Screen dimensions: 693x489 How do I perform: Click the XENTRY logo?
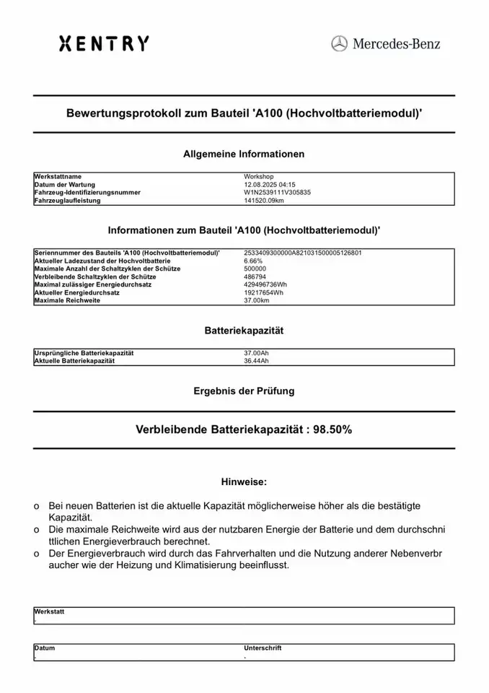click(x=104, y=44)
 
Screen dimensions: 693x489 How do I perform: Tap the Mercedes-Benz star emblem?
click(x=339, y=43)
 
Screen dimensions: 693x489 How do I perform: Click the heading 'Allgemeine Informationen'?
click(x=244, y=154)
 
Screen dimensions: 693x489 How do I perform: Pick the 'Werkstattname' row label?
click(x=58, y=176)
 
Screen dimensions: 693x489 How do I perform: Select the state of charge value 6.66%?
click(x=254, y=261)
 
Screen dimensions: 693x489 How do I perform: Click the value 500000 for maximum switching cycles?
click(x=256, y=269)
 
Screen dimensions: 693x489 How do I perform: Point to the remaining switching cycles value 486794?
click(x=256, y=276)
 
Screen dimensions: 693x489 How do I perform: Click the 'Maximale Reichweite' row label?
click(x=67, y=300)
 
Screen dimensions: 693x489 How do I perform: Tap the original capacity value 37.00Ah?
click(x=257, y=352)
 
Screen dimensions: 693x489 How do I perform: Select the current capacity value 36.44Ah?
click(x=257, y=360)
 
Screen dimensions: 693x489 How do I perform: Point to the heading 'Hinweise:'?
click(x=244, y=480)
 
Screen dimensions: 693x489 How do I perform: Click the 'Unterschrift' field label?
click(x=263, y=648)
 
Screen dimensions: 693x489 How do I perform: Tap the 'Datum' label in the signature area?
click(x=45, y=648)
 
